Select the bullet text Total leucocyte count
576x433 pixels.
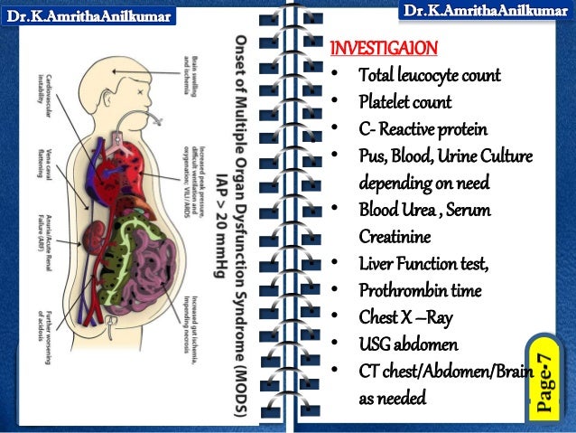coord(429,75)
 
